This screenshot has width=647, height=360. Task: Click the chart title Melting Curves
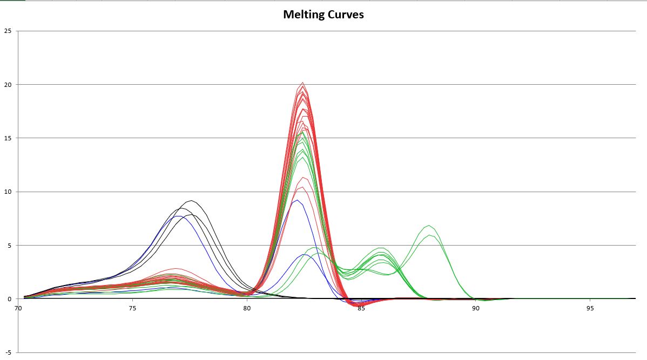coord(323,15)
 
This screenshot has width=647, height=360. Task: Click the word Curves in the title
coord(346,15)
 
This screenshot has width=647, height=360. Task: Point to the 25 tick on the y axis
coord(8,31)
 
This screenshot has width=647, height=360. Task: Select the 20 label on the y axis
coord(8,85)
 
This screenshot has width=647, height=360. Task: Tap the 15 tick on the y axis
coord(8,138)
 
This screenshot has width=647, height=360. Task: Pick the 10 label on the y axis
coord(8,192)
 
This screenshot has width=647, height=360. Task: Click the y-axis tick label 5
coord(9,245)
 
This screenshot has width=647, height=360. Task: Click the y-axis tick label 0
coord(9,298)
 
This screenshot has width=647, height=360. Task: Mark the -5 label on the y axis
coord(8,352)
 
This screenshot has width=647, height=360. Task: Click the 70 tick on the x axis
coord(18,308)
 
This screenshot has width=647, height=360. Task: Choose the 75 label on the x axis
coord(132,308)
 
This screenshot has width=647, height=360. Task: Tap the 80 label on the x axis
coord(247,308)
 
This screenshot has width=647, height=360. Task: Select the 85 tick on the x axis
coord(361,308)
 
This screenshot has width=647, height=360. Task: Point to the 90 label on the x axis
coord(475,308)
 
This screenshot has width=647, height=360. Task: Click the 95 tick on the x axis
coord(590,308)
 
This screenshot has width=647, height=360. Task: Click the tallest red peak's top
coord(303,83)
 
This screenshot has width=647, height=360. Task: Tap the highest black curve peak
coord(192,201)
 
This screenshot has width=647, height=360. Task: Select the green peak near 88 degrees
coord(429,226)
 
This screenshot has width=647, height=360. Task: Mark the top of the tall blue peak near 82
coord(296,200)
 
